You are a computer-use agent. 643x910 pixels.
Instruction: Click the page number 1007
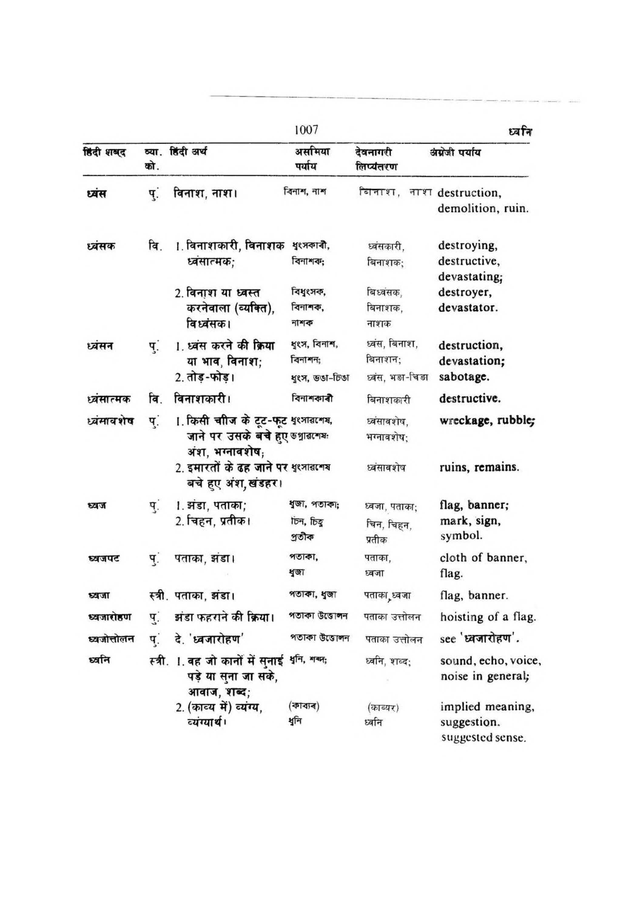[x=306, y=130]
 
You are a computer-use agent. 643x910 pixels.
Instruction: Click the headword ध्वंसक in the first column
[x=101, y=246]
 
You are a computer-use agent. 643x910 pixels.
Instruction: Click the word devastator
[x=467, y=308]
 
